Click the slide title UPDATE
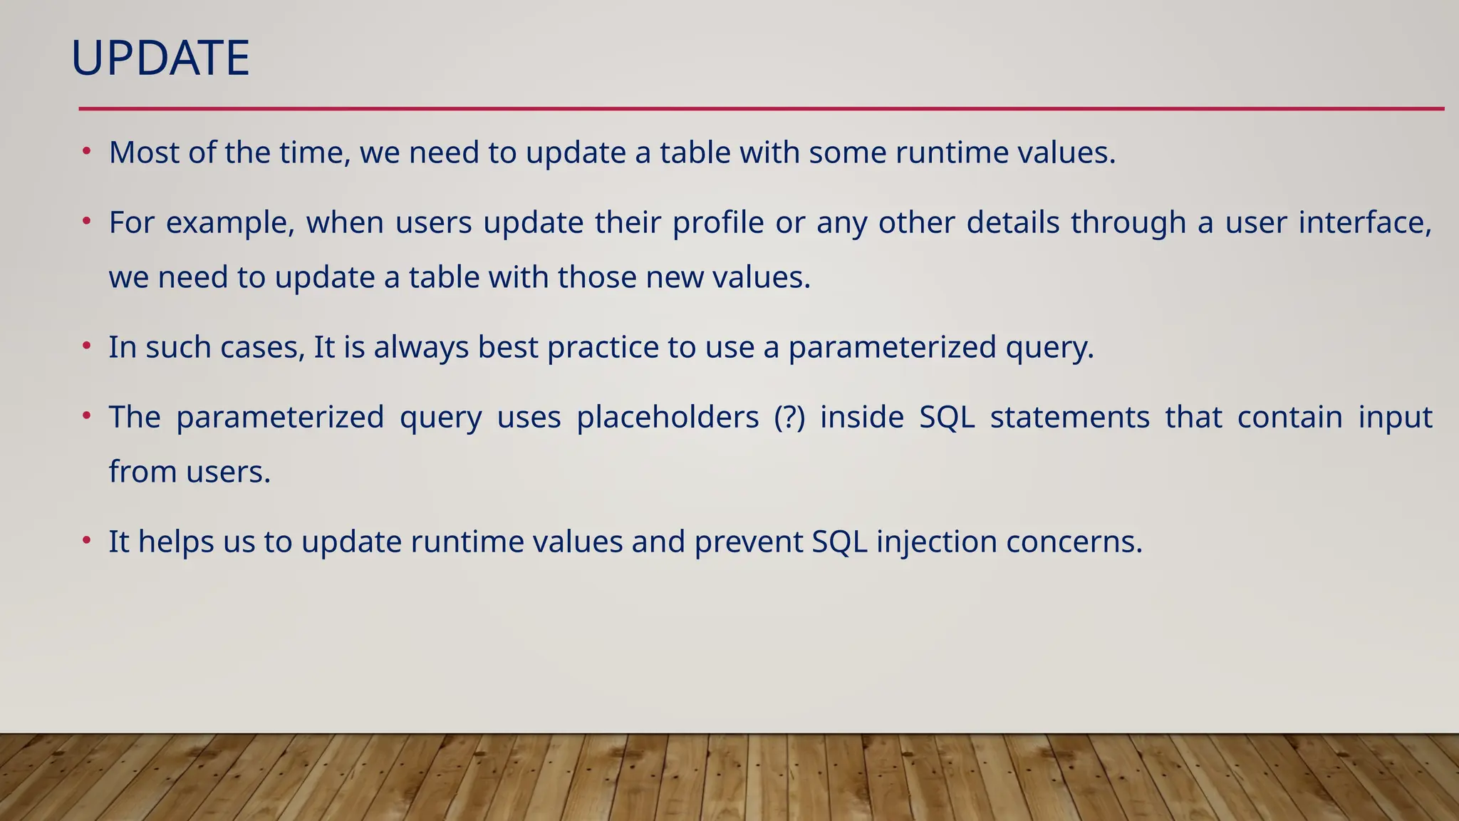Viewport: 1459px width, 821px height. pos(160,58)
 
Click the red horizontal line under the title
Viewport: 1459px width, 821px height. pos(761,109)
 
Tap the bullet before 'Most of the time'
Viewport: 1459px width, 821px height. pos(86,151)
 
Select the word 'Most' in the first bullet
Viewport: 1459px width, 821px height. pos(144,153)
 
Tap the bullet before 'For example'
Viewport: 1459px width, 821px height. pos(86,222)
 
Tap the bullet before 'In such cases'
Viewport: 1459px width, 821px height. pos(86,346)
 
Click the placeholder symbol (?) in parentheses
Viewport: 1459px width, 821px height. pos(789,418)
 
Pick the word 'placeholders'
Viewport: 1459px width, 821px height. pos(668,418)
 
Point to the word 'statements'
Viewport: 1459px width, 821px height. pos(1069,418)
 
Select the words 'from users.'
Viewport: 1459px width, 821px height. pos(189,472)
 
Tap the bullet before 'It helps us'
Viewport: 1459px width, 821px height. pos(86,540)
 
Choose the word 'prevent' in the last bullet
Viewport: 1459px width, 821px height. pos(747,542)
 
